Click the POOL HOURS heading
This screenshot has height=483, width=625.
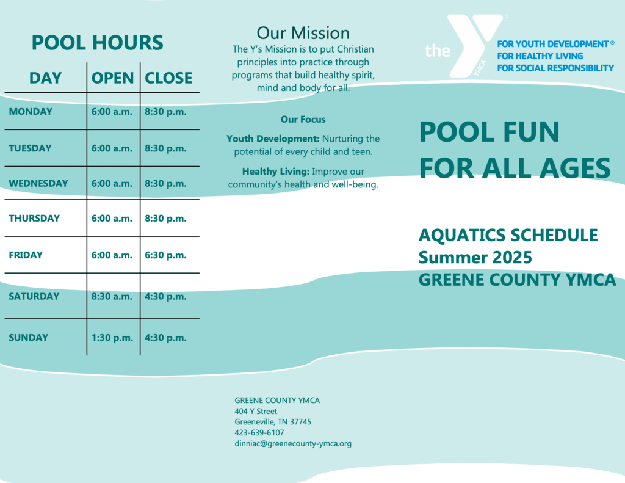[x=97, y=43]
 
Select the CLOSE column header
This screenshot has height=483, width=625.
[x=168, y=78]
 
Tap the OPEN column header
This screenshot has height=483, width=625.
[x=112, y=78]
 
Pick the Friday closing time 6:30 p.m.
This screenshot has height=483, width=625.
[x=165, y=255]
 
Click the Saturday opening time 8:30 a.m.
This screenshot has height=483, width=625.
[x=112, y=296]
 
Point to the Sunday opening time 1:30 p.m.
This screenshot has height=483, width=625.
[x=112, y=338]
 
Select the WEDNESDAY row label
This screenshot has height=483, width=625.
[x=38, y=183]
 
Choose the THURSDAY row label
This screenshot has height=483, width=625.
[x=34, y=218]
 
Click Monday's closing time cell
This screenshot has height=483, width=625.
[x=165, y=112]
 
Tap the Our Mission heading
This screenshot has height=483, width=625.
[x=303, y=33]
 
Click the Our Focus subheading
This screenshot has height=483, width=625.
[x=303, y=119]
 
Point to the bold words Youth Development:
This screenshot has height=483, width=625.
[x=273, y=139]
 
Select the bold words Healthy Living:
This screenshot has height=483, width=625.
[x=276, y=172]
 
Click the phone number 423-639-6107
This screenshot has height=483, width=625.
[x=259, y=433]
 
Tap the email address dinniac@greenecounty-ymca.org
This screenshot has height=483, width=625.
[x=293, y=443]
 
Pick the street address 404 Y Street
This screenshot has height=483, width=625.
[x=256, y=411]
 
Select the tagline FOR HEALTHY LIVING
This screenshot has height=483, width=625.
[x=540, y=56]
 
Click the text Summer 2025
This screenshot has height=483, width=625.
[x=475, y=258]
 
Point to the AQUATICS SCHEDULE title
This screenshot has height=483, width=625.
[x=508, y=235]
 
